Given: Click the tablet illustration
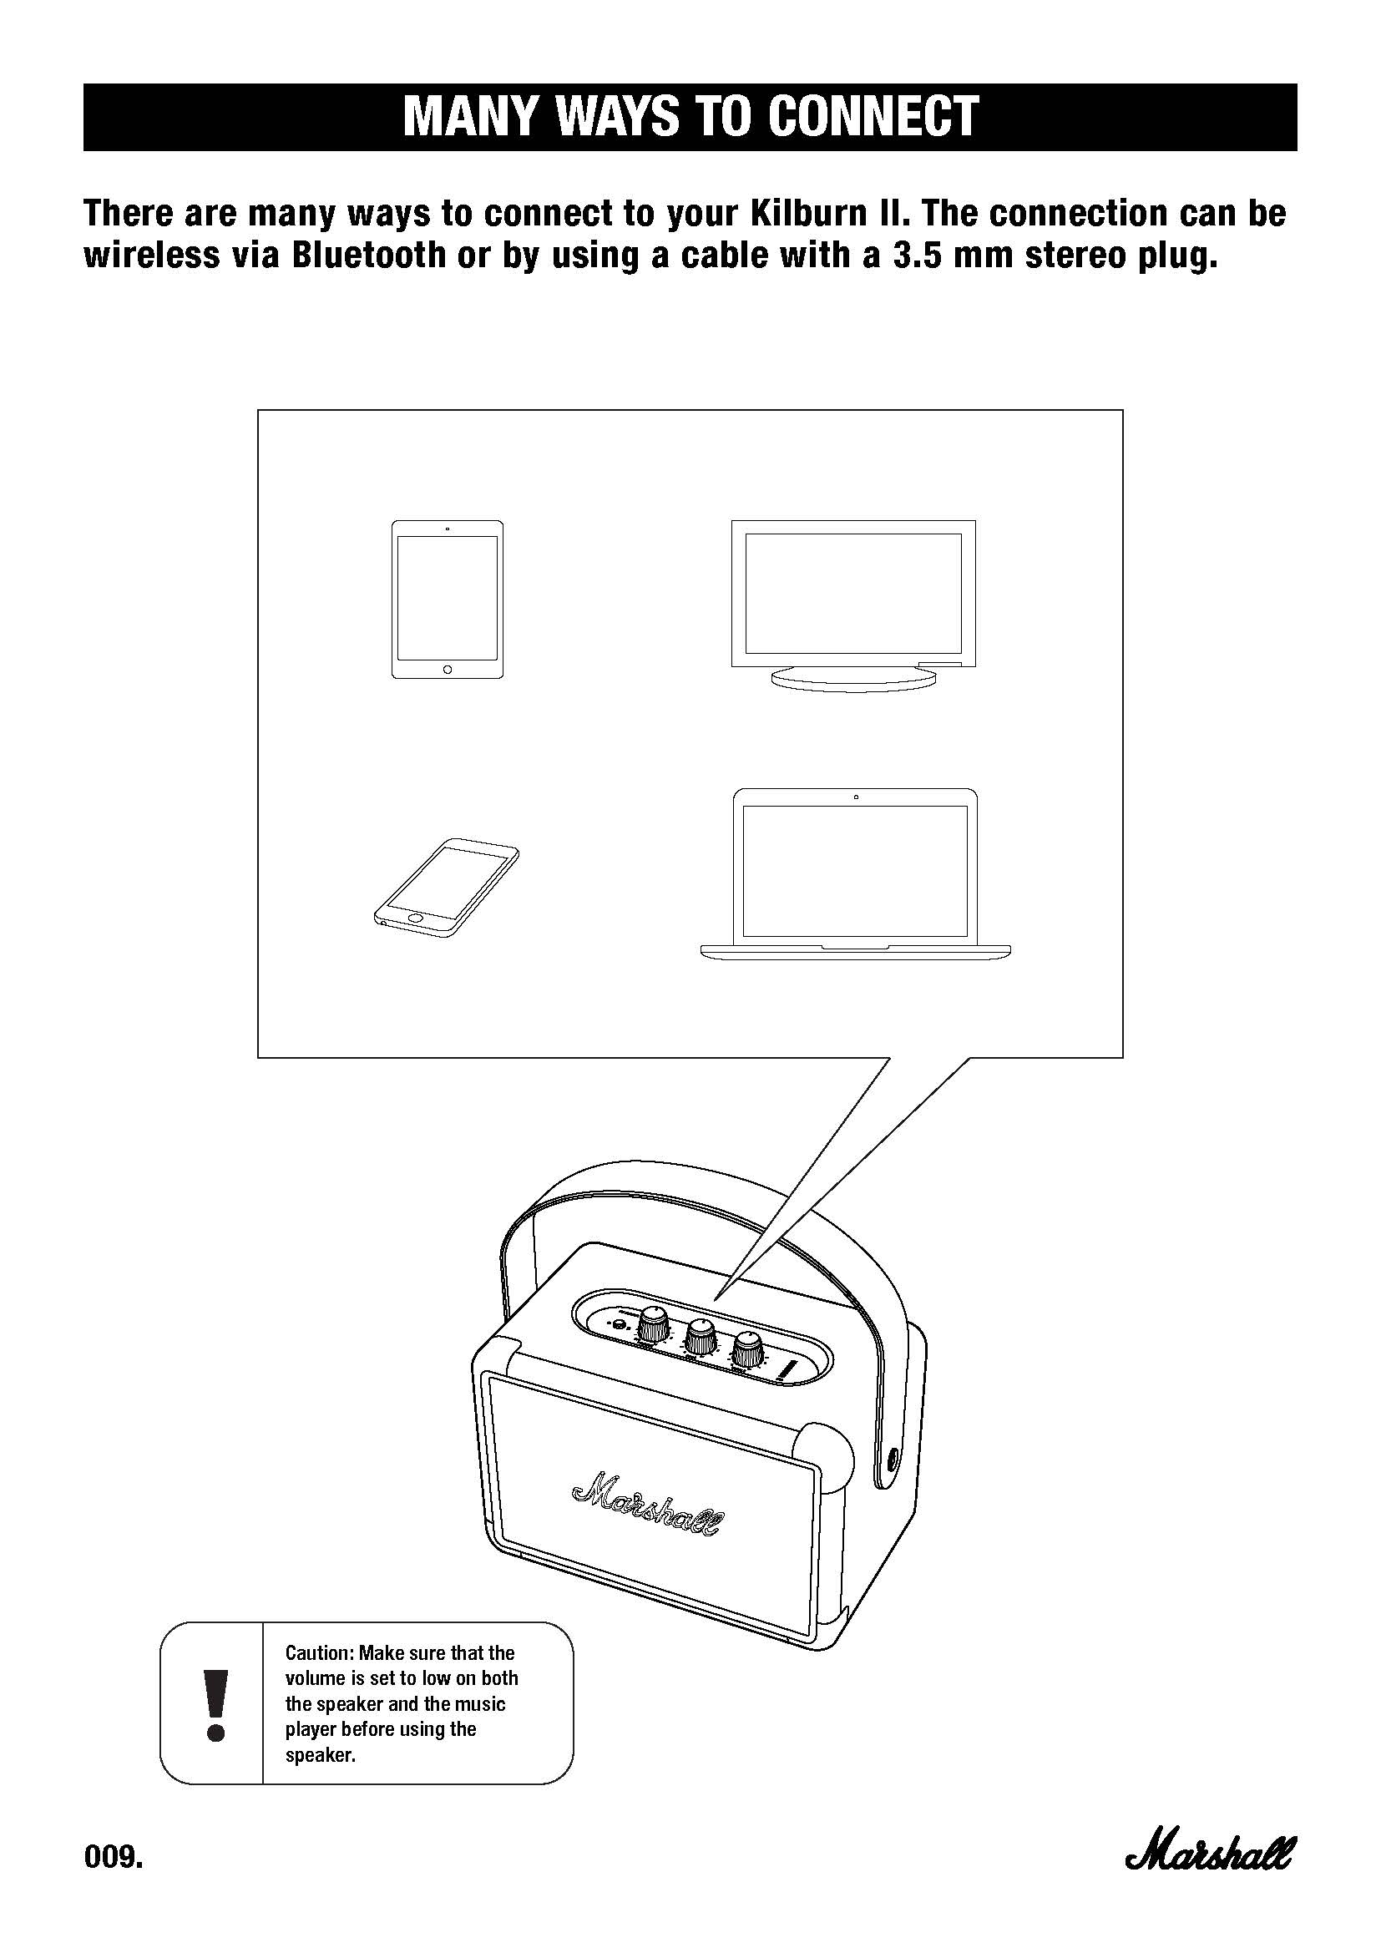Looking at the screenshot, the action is [448, 599].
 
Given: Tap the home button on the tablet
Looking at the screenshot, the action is [448, 670].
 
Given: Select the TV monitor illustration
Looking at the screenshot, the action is [854, 603].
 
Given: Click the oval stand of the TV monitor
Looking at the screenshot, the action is [854, 678].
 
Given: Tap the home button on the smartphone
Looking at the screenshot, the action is [415, 918].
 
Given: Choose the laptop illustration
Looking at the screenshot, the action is [856, 873].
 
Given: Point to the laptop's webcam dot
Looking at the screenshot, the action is [856, 797].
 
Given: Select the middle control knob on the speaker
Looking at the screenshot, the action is [701, 1336].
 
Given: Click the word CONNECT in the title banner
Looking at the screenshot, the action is [873, 117].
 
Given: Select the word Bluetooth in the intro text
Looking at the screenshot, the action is [367, 256].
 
